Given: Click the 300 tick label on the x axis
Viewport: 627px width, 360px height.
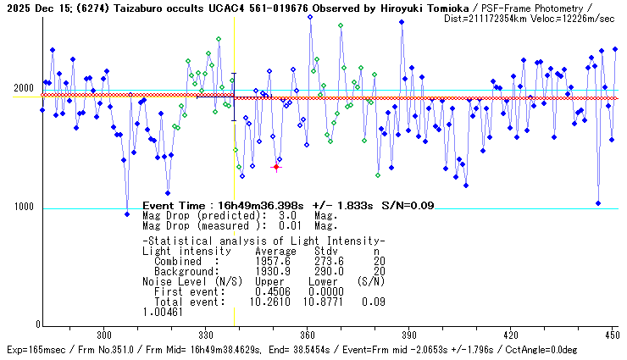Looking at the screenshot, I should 104,335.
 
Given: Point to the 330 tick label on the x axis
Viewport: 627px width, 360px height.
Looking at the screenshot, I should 206,335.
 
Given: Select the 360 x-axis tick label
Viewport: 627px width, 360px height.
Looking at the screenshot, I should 308,335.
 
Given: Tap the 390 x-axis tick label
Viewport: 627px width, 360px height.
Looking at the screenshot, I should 408,335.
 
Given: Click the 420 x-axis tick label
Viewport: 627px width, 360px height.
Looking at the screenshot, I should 510,335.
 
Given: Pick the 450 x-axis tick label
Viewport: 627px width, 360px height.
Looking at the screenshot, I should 610,335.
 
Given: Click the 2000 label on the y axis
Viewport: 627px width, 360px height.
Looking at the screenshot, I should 23,89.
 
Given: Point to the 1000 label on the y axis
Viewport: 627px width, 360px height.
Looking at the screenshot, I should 23,208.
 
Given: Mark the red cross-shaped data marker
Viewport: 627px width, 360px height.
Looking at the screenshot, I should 276,167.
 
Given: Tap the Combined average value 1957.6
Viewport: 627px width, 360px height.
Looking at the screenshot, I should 272,261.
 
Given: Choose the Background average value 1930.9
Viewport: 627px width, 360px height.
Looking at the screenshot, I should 272,270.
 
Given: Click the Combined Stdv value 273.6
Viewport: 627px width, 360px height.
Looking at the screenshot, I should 327,261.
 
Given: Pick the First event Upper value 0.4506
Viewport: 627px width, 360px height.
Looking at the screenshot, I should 272,291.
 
